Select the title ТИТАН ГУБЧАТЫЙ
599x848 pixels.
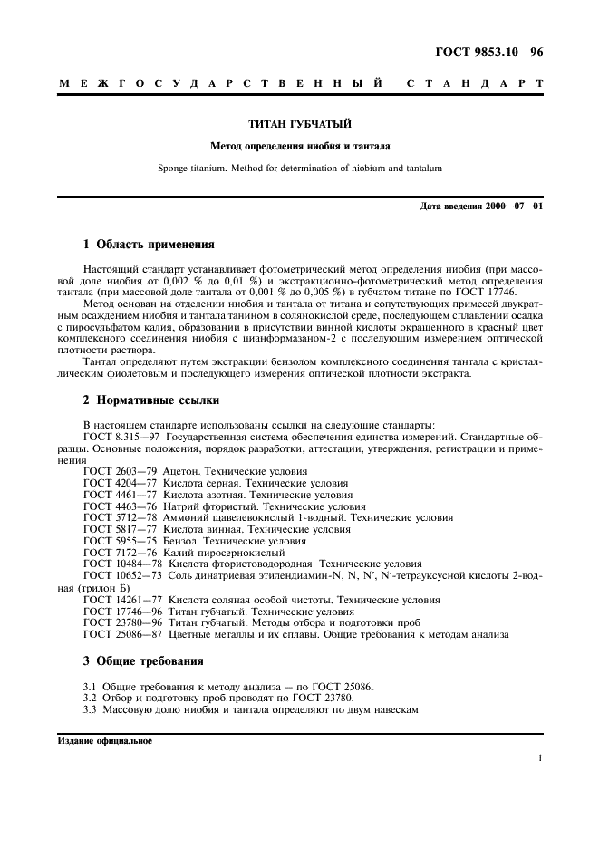point(300,122)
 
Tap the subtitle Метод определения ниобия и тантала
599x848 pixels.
point(300,145)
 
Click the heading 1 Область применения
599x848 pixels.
point(149,244)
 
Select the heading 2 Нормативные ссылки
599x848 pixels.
point(150,400)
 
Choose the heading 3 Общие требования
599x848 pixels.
point(143,660)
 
